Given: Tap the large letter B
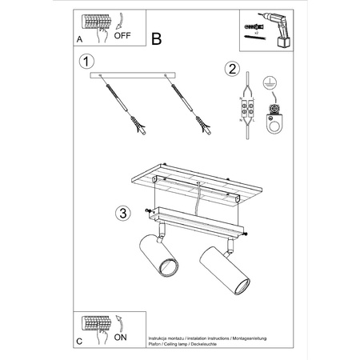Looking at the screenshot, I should coord(156,38).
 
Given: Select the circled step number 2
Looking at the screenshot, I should coord(231,68).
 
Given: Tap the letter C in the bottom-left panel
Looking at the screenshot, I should coord(78,340).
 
